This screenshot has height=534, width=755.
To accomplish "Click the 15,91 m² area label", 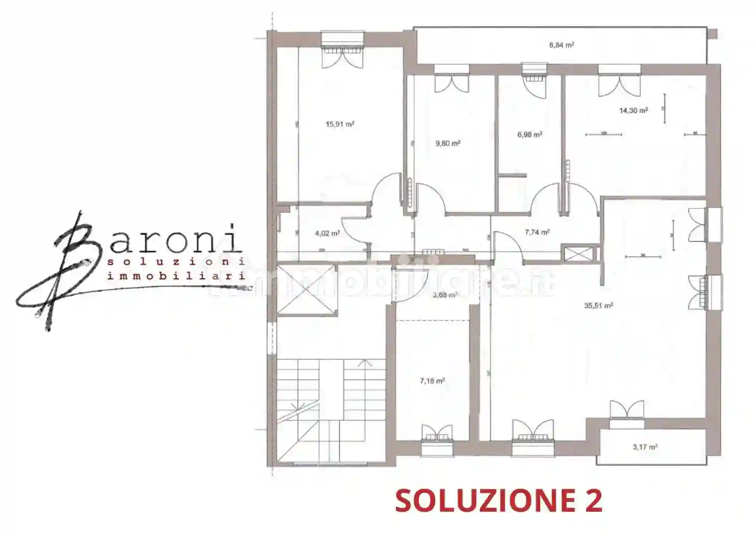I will [340, 124].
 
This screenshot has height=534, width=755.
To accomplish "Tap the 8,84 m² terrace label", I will [561, 45].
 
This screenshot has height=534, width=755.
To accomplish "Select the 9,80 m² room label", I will [447, 143].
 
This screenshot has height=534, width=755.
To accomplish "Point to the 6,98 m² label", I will [529, 135].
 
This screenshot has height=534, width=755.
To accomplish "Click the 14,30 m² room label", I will [633, 110].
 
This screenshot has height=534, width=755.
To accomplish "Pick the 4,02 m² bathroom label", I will [327, 233].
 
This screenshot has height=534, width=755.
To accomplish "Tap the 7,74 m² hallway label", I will [537, 232].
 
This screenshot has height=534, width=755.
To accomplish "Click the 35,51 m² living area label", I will [598, 306].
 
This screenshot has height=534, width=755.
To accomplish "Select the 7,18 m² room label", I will [432, 380].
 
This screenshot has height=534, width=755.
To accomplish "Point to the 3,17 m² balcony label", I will [645, 447].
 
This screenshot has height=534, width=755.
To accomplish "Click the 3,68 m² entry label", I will [444, 295].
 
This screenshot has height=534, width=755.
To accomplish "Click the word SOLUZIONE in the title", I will [477, 500].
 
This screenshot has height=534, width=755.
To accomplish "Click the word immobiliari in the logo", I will [176, 276].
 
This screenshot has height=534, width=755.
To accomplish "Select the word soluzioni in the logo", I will [176, 262].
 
